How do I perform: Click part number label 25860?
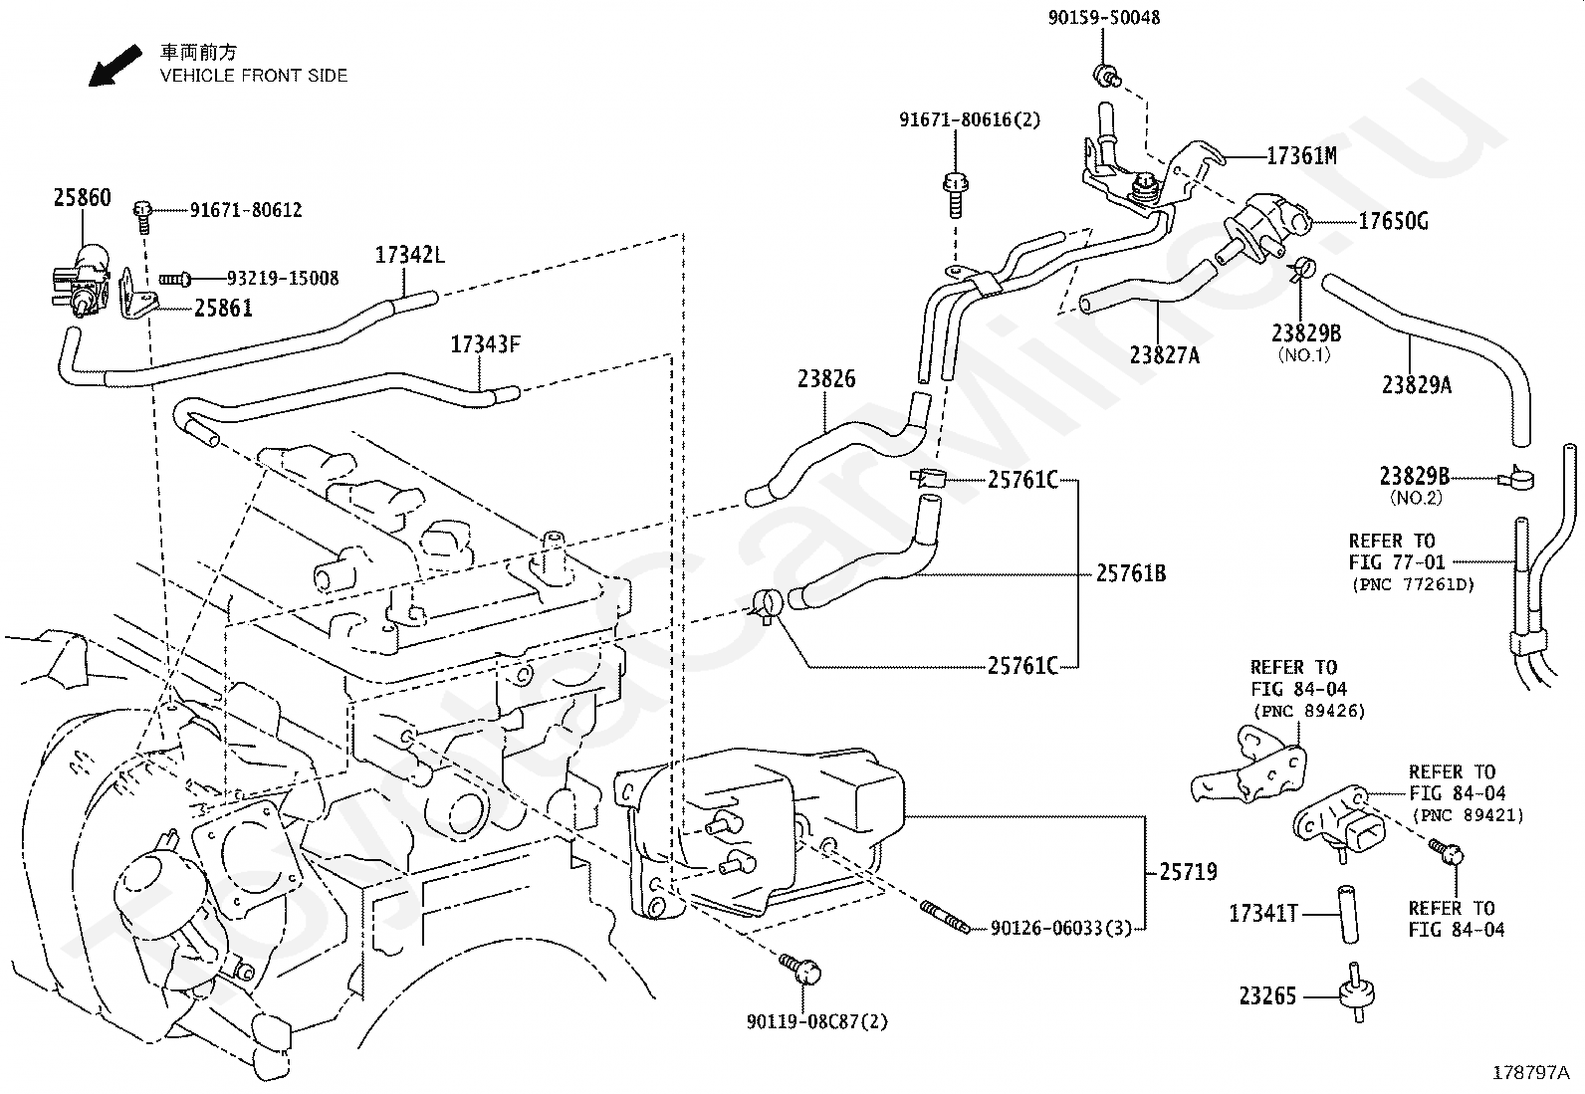pos(83,197)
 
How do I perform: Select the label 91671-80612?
pos(246,209)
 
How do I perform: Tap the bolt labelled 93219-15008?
pos(175,280)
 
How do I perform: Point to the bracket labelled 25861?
pos(136,293)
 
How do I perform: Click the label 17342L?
pos(410,255)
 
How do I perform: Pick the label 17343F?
pos(486,344)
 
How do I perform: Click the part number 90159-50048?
pos(1104,18)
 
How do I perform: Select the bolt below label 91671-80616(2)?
pos(955,195)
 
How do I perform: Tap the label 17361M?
pos(1301,155)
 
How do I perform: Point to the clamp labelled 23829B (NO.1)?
pos(1300,270)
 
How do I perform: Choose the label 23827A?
pos(1165,355)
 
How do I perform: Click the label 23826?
pos(826,379)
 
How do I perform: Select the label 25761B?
pos(1131,573)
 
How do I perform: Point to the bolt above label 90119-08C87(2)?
pos(800,969)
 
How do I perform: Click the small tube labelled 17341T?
pos(1348,914)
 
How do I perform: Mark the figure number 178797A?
pos(1530,1072)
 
